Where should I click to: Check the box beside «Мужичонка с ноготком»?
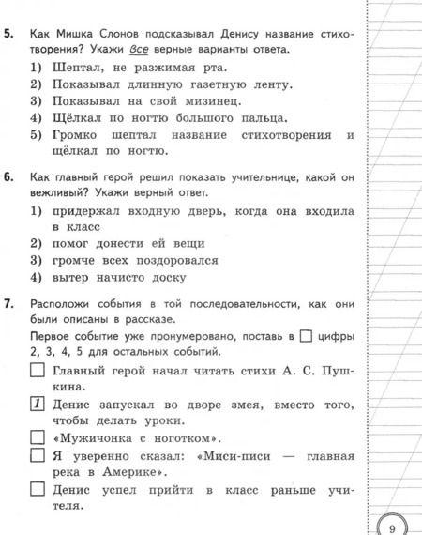[38, 438]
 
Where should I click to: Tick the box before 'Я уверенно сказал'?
[38, 457]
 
